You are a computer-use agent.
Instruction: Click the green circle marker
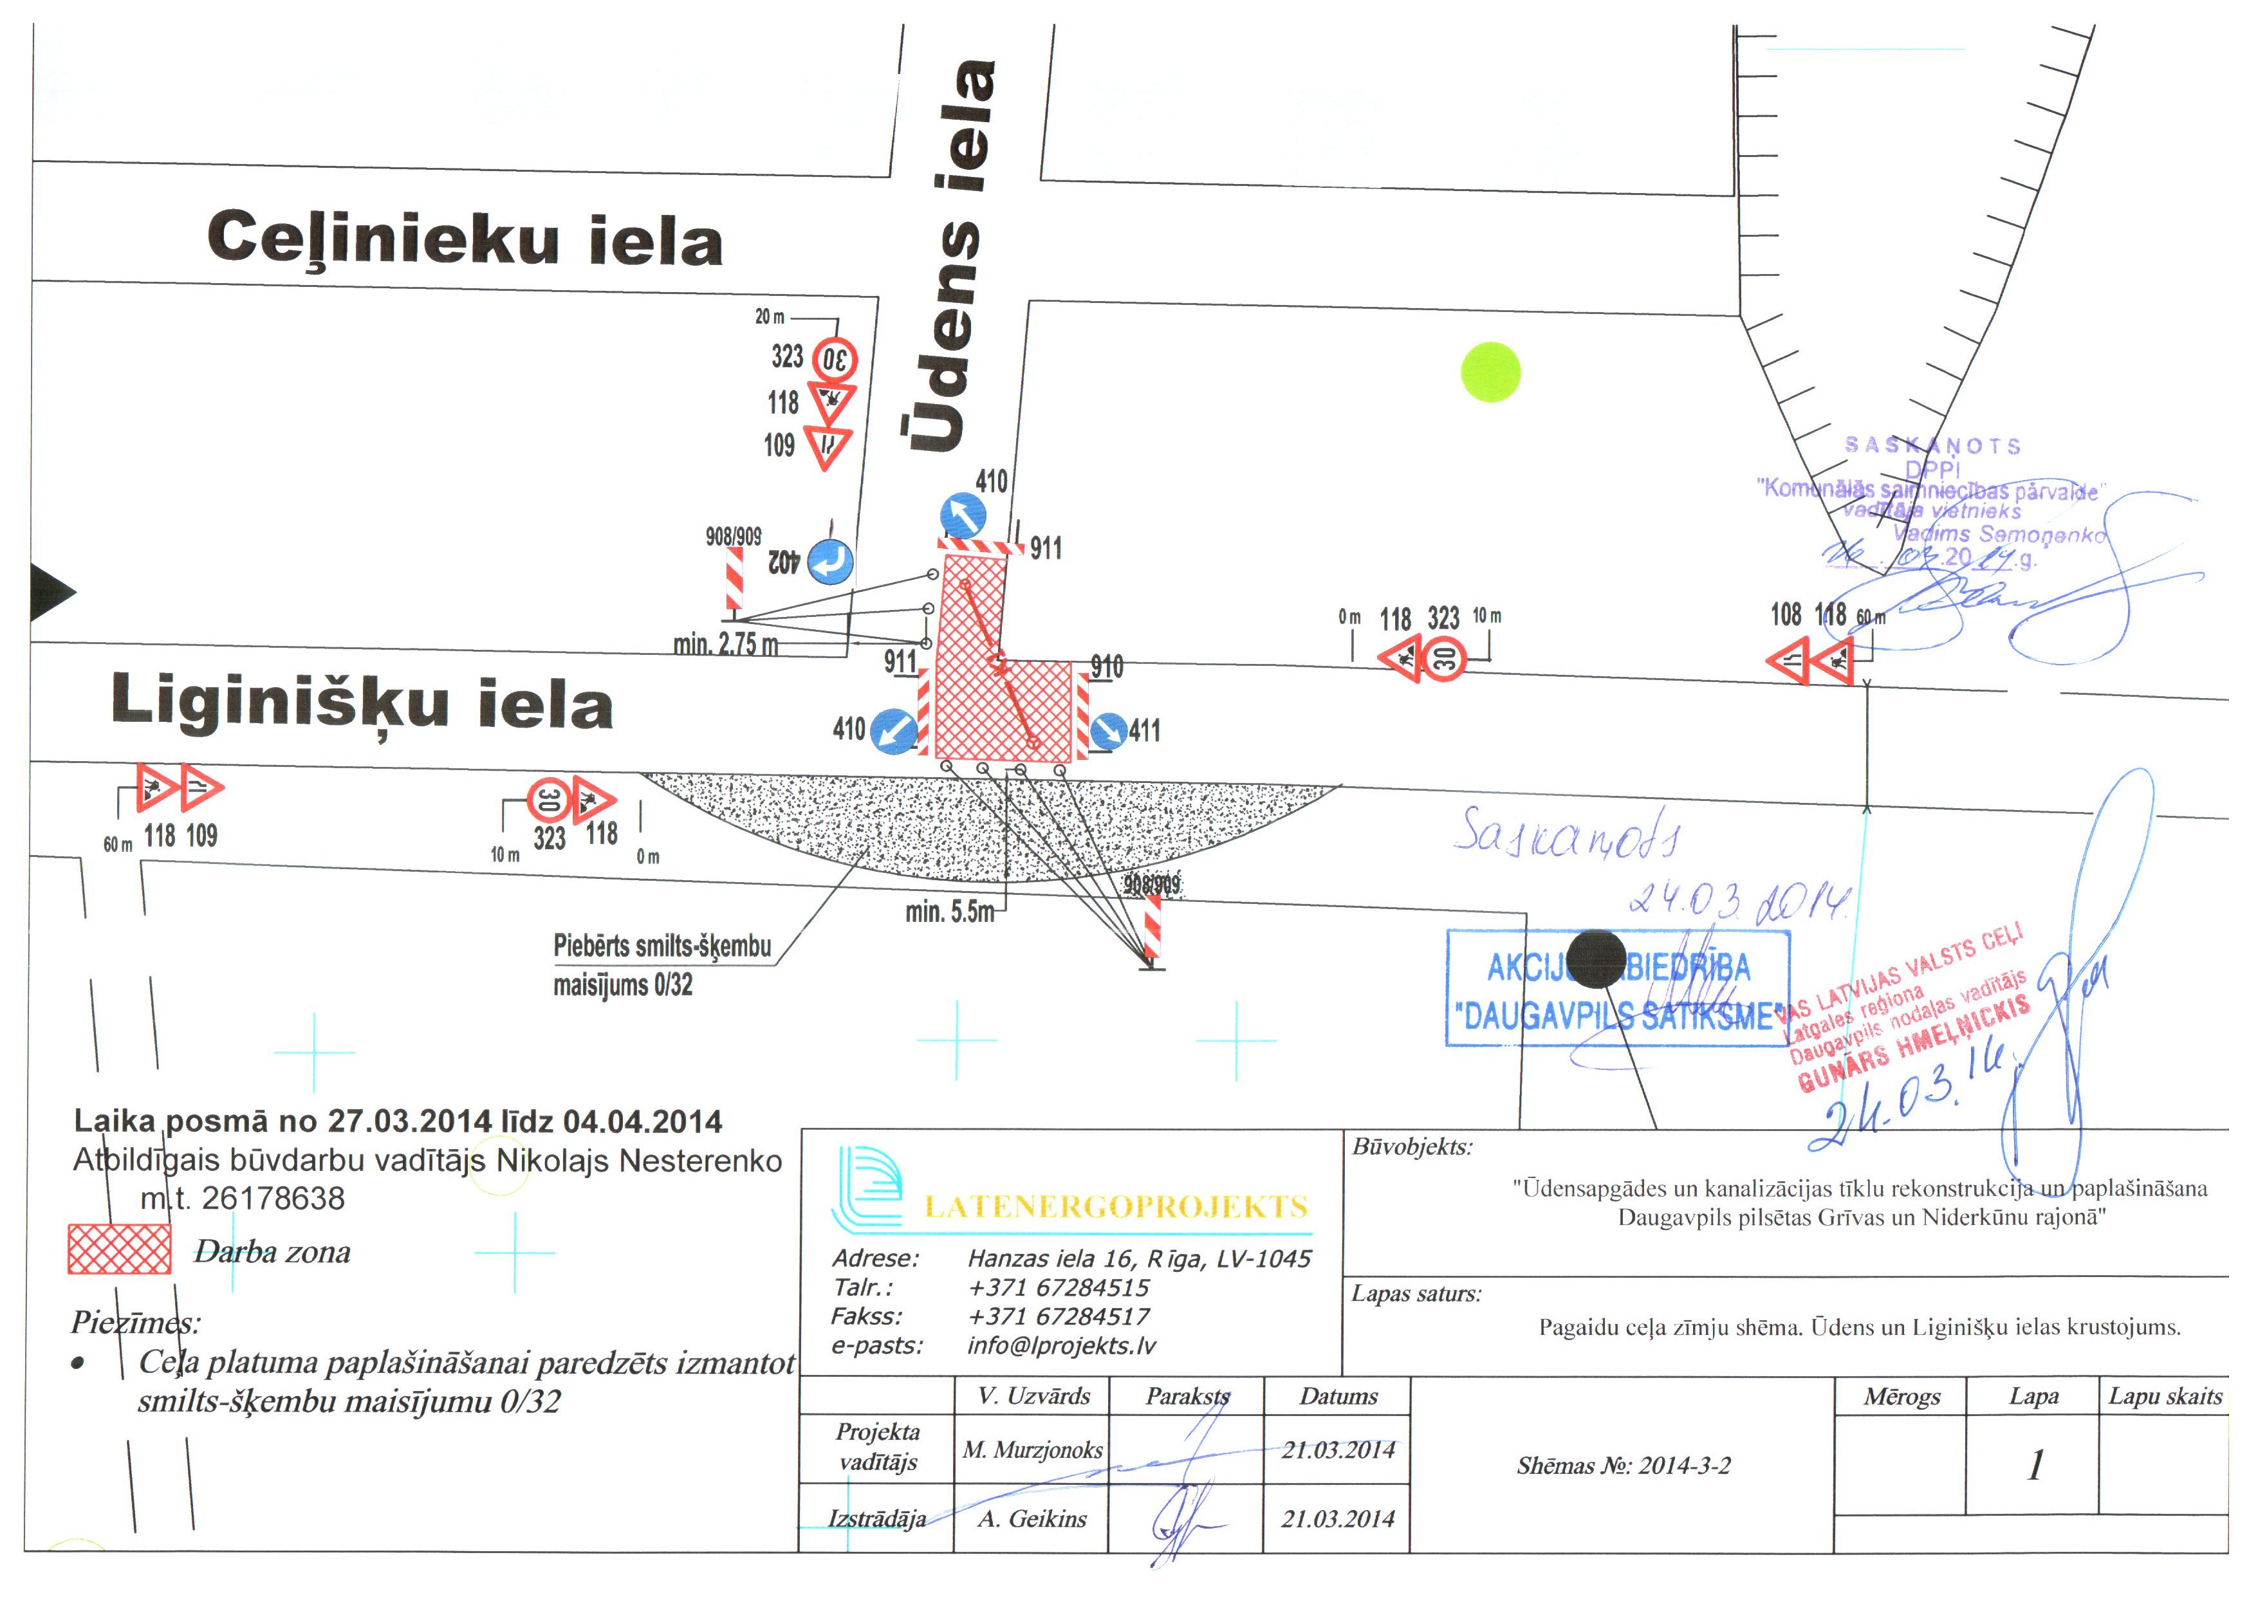point(1490,372)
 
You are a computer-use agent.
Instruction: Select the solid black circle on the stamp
point(1595,958)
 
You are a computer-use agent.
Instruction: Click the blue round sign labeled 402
point(831,561)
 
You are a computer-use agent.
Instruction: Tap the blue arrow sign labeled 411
point(1108,731)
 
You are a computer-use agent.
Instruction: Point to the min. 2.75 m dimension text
point(726,644)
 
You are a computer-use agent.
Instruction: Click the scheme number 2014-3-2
point(1624,1466)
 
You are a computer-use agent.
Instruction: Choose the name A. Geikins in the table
point(1032,1519)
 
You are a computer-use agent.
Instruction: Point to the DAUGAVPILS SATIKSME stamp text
point(1618,1016)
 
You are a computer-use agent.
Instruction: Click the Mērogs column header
point(1901,1397)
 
